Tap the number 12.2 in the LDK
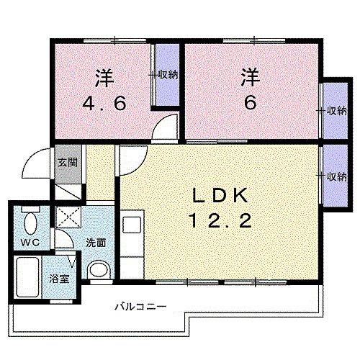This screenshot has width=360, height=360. point(220,221)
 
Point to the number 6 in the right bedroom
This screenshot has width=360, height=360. point(250,102)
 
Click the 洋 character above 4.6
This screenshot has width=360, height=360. point(104,74)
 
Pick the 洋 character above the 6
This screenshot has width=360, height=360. point(250,74)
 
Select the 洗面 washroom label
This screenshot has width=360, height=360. point(95,243)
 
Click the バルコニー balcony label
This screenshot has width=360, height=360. point(140,307)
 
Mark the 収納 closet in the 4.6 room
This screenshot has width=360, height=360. point(168,75)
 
